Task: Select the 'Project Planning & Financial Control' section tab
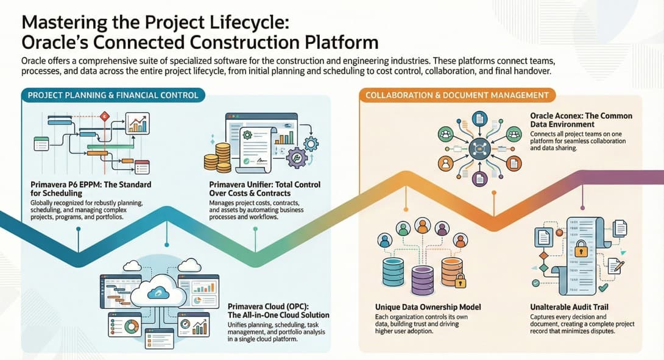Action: pyautogui.click(x=113, y=95)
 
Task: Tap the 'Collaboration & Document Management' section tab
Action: pyautogui.click(x=457, y=95)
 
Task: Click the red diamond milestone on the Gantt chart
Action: pyautogui.click(x=104, y=115)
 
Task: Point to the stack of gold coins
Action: pyautogui.click(x=217, y=157)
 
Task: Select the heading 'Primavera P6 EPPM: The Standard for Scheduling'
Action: pyautogui.click(x=90, y=188)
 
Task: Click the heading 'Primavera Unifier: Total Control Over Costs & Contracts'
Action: pyautogui.click(x=264, y=188)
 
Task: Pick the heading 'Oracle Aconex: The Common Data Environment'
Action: pyautogui.click(x=581, y=119)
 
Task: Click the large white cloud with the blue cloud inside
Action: pyautogui.click(x=158, y=294)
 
